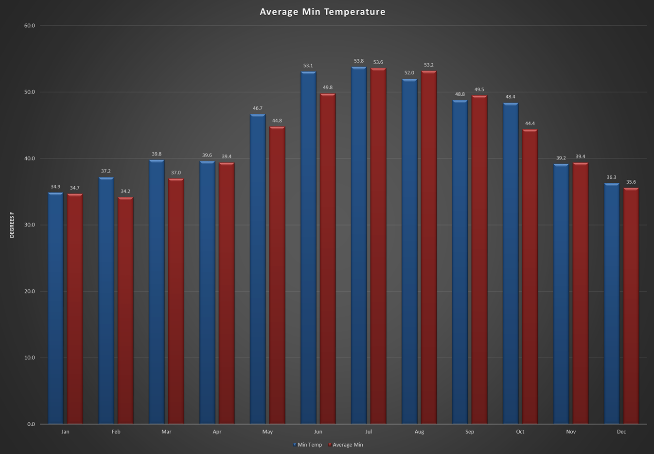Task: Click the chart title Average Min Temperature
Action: click(x=322, y=12)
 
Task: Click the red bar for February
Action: click(x=125, y=311)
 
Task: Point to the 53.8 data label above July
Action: click(x=359, y=61)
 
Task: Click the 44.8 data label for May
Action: click(x=277, y=121)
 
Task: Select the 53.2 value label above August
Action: click(x=429, y=65)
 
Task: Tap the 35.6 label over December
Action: click(x=631, y=182)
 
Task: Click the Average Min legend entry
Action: click(x=347, y=445)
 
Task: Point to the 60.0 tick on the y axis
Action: click(x=30, y=26)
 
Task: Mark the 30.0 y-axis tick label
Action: click(x=30, y=225)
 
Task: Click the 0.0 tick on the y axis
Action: click(x=31, y=424)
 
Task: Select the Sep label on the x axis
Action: click(x=470, y=432)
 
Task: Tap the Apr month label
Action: click(x=217, y=432)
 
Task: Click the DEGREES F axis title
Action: click(x=12, y=225)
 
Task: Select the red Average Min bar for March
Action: click(x=176, y=301)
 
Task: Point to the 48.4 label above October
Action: click(x=511, y=97)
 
